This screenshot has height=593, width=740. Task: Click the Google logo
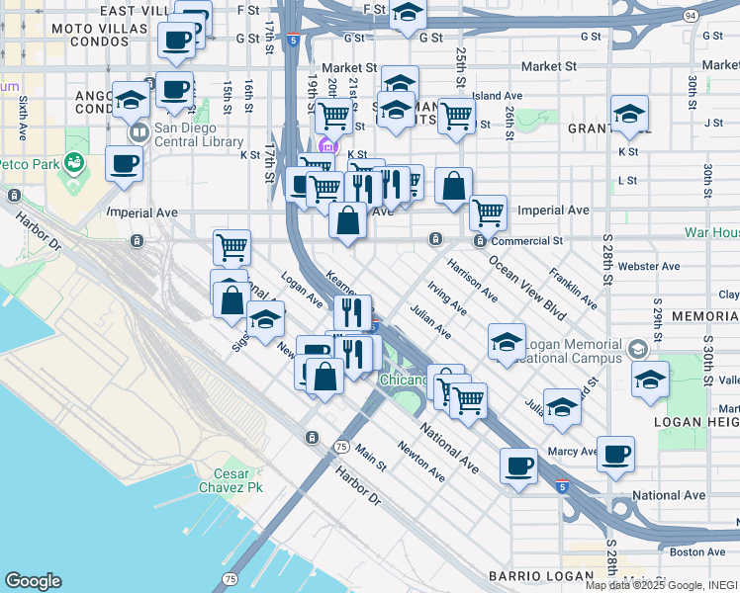point(33,581)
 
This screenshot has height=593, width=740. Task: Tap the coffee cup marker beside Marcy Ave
point(615,454)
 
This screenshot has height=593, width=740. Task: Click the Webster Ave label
point(648,267)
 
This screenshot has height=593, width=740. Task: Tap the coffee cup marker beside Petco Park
point(125,164)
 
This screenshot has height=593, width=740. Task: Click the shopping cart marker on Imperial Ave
point(488,211)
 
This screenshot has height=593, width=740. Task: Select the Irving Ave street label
point(447,296)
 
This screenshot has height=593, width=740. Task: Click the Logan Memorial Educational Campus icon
point(638,349)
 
